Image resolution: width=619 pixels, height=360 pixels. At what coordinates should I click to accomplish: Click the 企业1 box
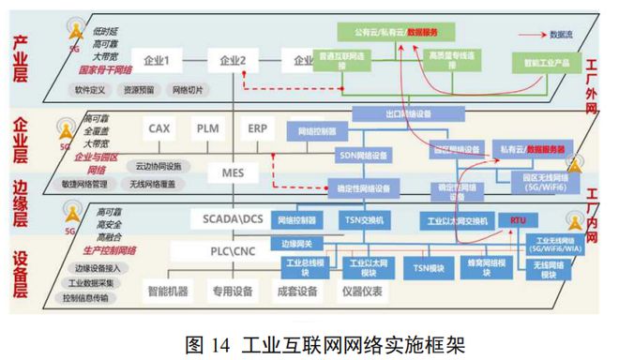pos(157,62)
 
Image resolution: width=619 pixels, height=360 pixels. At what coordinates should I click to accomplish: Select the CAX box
pos(159,127)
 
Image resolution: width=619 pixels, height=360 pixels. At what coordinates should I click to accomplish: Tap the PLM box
pos(207,127)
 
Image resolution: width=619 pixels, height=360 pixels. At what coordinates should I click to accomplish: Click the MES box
pos(233,172)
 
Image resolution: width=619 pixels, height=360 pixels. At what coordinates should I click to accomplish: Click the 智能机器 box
pos(167,291)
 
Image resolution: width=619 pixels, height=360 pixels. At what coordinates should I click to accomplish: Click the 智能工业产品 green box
pos(538,64)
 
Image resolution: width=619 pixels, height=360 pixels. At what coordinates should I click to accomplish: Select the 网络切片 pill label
pos(186,91)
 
